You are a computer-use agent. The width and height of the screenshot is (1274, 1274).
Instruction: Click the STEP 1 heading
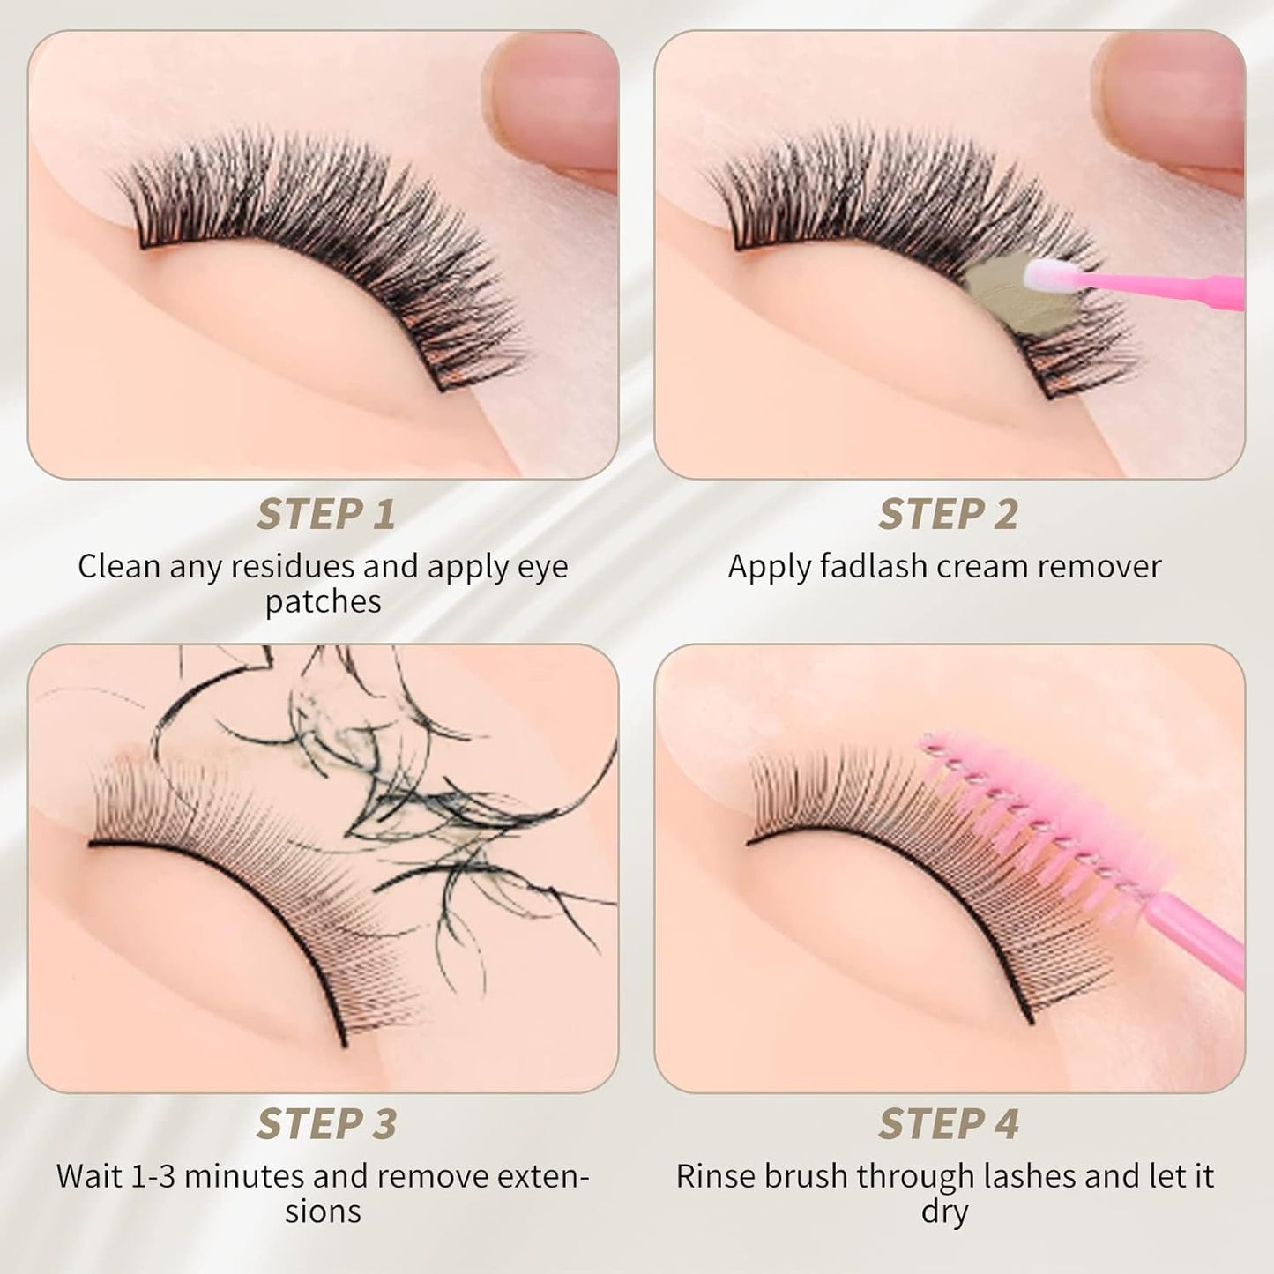(325, 514)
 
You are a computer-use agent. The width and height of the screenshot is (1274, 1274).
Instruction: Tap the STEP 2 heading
(948, 514)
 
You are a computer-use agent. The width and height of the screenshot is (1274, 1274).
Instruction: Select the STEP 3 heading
(325, 1124)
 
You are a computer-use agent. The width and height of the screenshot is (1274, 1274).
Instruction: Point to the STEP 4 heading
(948, 1124)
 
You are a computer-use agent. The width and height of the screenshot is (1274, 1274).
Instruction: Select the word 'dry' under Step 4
(944, 1211)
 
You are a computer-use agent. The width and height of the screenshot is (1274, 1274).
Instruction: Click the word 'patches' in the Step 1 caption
(323, 602)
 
